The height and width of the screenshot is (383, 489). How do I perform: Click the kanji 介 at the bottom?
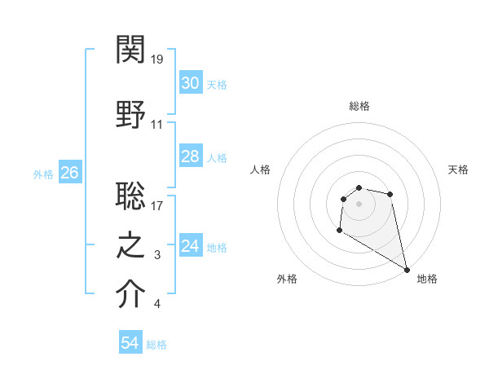click(x=131, y=294)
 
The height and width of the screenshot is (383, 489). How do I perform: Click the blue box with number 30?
click(x=190, y=83)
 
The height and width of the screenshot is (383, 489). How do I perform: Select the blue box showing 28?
click(x=190, y=156)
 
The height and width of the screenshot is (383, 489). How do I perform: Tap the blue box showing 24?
click(x=190, y=246)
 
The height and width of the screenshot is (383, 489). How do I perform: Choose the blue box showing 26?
click(x=69, y=173)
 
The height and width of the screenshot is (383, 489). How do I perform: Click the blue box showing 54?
click(x=130, y=343)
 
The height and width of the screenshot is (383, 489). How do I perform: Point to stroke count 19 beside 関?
click(x=157, y=59)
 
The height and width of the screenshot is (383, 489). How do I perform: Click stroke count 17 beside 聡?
click(x=157, y=205)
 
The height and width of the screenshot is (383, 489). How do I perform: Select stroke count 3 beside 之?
click(x=157, y=256)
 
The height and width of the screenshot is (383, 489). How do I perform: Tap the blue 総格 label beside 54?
click(x=156, y=345)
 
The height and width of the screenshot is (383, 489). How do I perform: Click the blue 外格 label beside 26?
click(x=42, y=174)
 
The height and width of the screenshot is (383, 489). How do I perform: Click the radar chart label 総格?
click(x=359, y=106)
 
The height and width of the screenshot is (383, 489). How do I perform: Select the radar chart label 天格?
click(x=459, y=169)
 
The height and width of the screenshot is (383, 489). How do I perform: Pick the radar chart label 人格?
click(x=260, y=169)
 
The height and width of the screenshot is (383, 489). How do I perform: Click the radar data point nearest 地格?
click(x=407, y=270)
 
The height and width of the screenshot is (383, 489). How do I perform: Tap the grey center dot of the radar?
click(x=359, y=203)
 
